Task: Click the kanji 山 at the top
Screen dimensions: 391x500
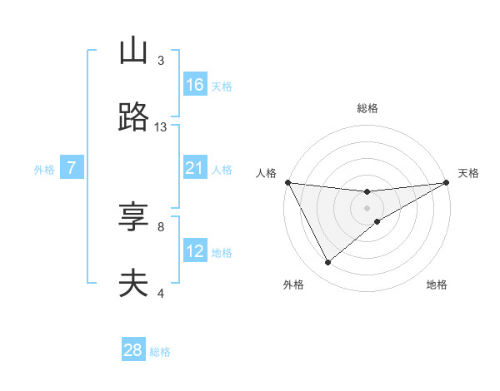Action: click(x=133, y=52)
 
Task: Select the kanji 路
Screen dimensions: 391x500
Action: click(x=133, y=117)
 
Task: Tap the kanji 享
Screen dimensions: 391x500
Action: click(x=133, y=219)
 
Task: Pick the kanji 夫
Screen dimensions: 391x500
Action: click(x=133, y=284)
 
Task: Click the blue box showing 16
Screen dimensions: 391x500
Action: click(x=195, y=85)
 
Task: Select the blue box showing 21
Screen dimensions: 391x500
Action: click(x=195, y=168)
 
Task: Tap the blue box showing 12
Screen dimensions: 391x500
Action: click(x=195, y=251)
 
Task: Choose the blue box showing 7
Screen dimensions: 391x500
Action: click(x=72, y=168)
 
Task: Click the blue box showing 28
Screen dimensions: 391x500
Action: click(x=133, y=350)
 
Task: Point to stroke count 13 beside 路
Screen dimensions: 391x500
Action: click(x=161, y=126)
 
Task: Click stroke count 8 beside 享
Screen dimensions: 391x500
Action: click(x=161, y=226)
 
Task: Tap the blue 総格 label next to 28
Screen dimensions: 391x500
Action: click(x=160, y=352)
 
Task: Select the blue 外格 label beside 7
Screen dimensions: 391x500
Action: click(x=44, y=170)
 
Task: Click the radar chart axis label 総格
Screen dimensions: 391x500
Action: click(x=367, y=108)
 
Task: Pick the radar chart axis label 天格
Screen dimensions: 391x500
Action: click(x=469, y=173)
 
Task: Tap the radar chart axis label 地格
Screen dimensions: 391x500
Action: click(x=437, y=285)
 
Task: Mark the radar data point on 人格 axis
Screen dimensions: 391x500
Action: click(x=287, y=182)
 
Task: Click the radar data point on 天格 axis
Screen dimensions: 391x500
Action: click(x=446, y=182)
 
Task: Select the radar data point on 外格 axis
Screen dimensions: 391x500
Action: click(x=327, y=263)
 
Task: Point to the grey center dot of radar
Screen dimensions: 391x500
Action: click(x=367, y=208)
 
